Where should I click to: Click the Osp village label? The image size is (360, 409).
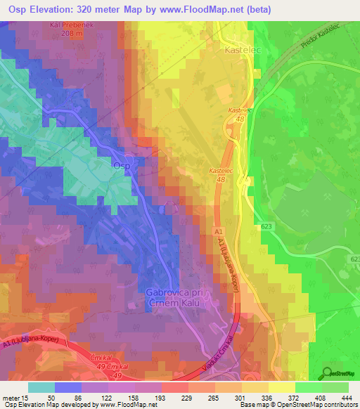(122, 164)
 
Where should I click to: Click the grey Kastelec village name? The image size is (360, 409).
(238, 51)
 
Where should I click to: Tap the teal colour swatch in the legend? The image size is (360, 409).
(41, 387)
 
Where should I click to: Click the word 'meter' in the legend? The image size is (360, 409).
(11, 398)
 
